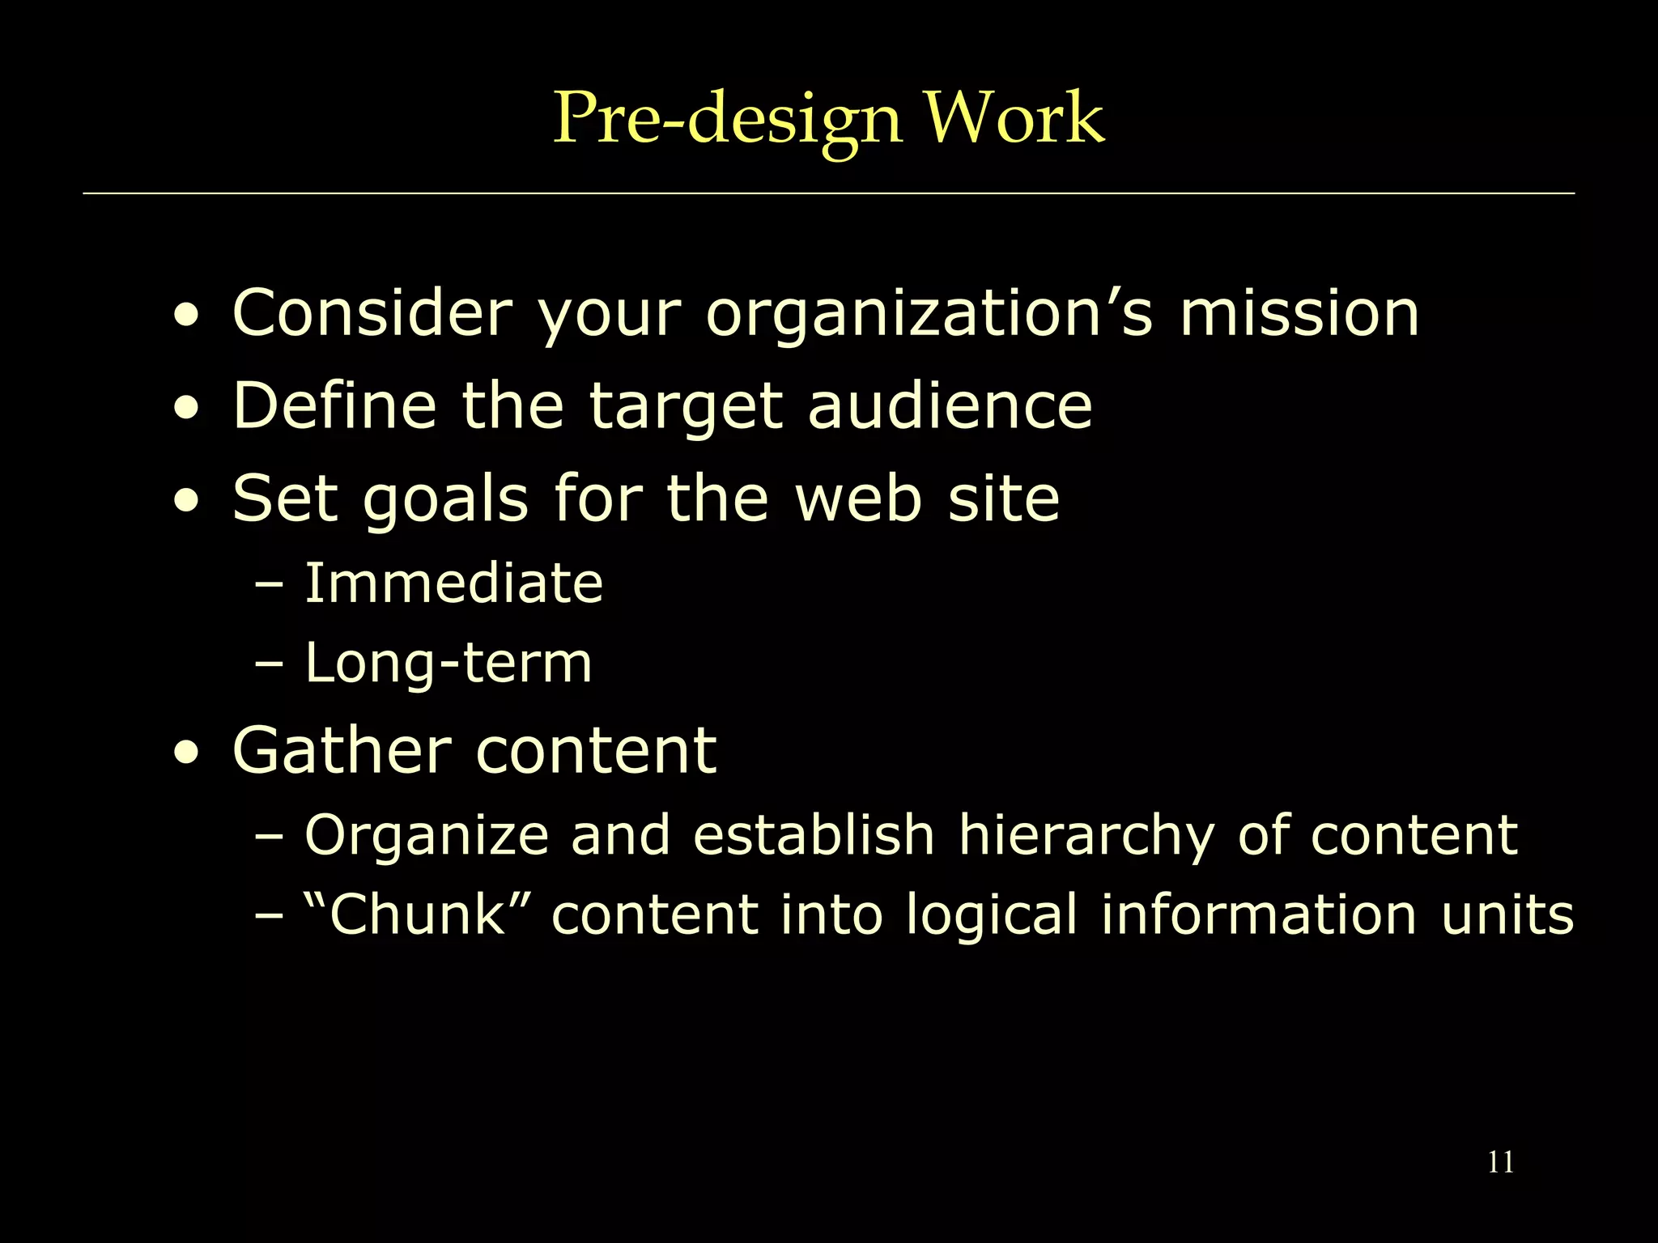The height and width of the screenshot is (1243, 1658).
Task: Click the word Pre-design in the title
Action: (x=726, y=119)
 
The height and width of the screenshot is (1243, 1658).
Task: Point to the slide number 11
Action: (x=1500, y=1162)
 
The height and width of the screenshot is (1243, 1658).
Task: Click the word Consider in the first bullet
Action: (x=372, y=313)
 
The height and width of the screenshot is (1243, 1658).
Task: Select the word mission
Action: (x=1299, y=313)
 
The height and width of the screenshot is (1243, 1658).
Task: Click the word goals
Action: (x=445, y=500)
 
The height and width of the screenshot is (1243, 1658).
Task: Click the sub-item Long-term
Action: (x=448, y=663)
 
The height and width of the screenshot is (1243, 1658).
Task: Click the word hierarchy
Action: (x=1086, y=837)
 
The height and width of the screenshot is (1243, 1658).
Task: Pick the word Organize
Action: (x=427, y=837)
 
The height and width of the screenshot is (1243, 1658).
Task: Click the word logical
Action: (x=991, y=917)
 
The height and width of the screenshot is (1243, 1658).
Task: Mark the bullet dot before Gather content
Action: (x=187, y=754)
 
